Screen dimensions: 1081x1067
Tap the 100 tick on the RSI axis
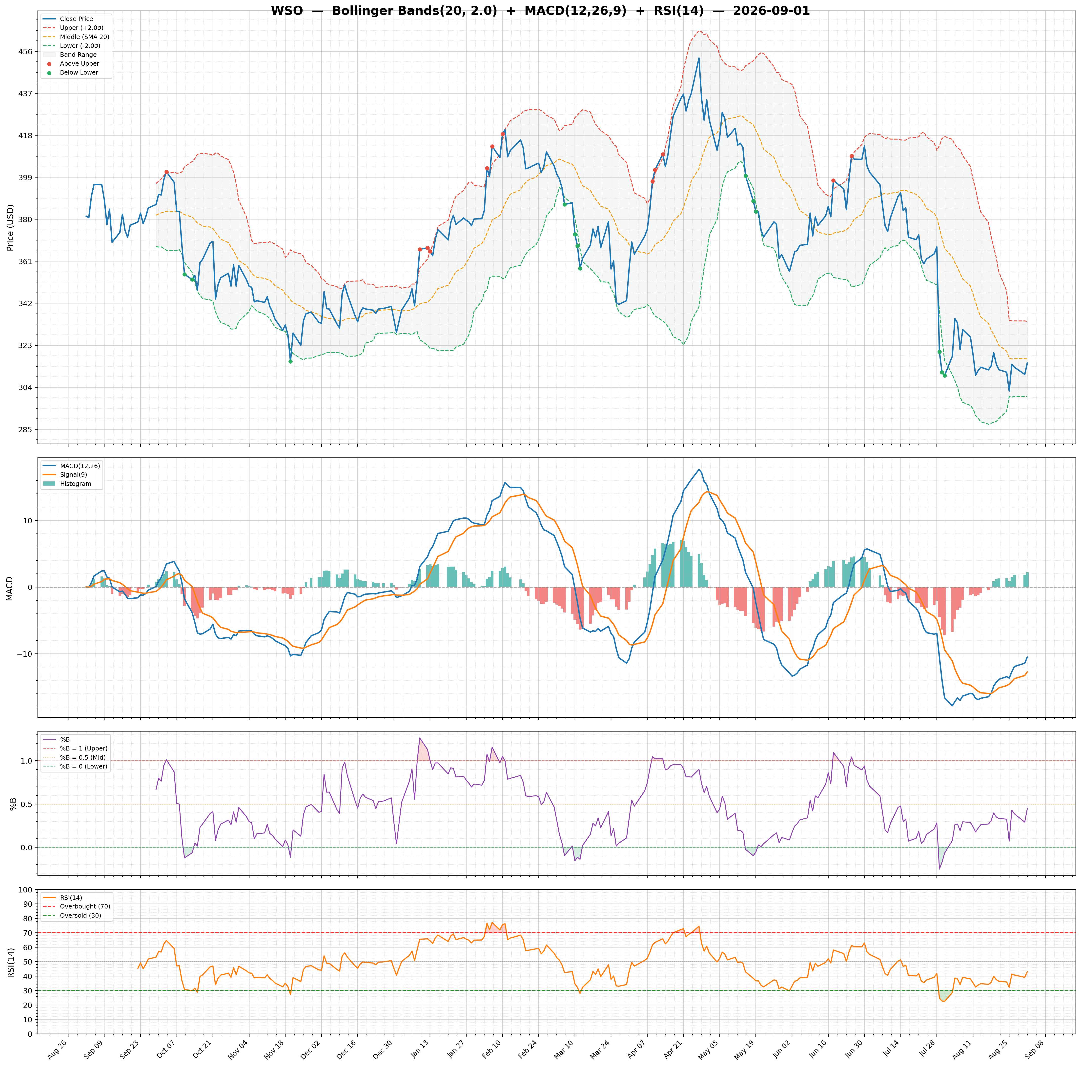(26, 890)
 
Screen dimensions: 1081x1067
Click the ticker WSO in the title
(287, 11)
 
